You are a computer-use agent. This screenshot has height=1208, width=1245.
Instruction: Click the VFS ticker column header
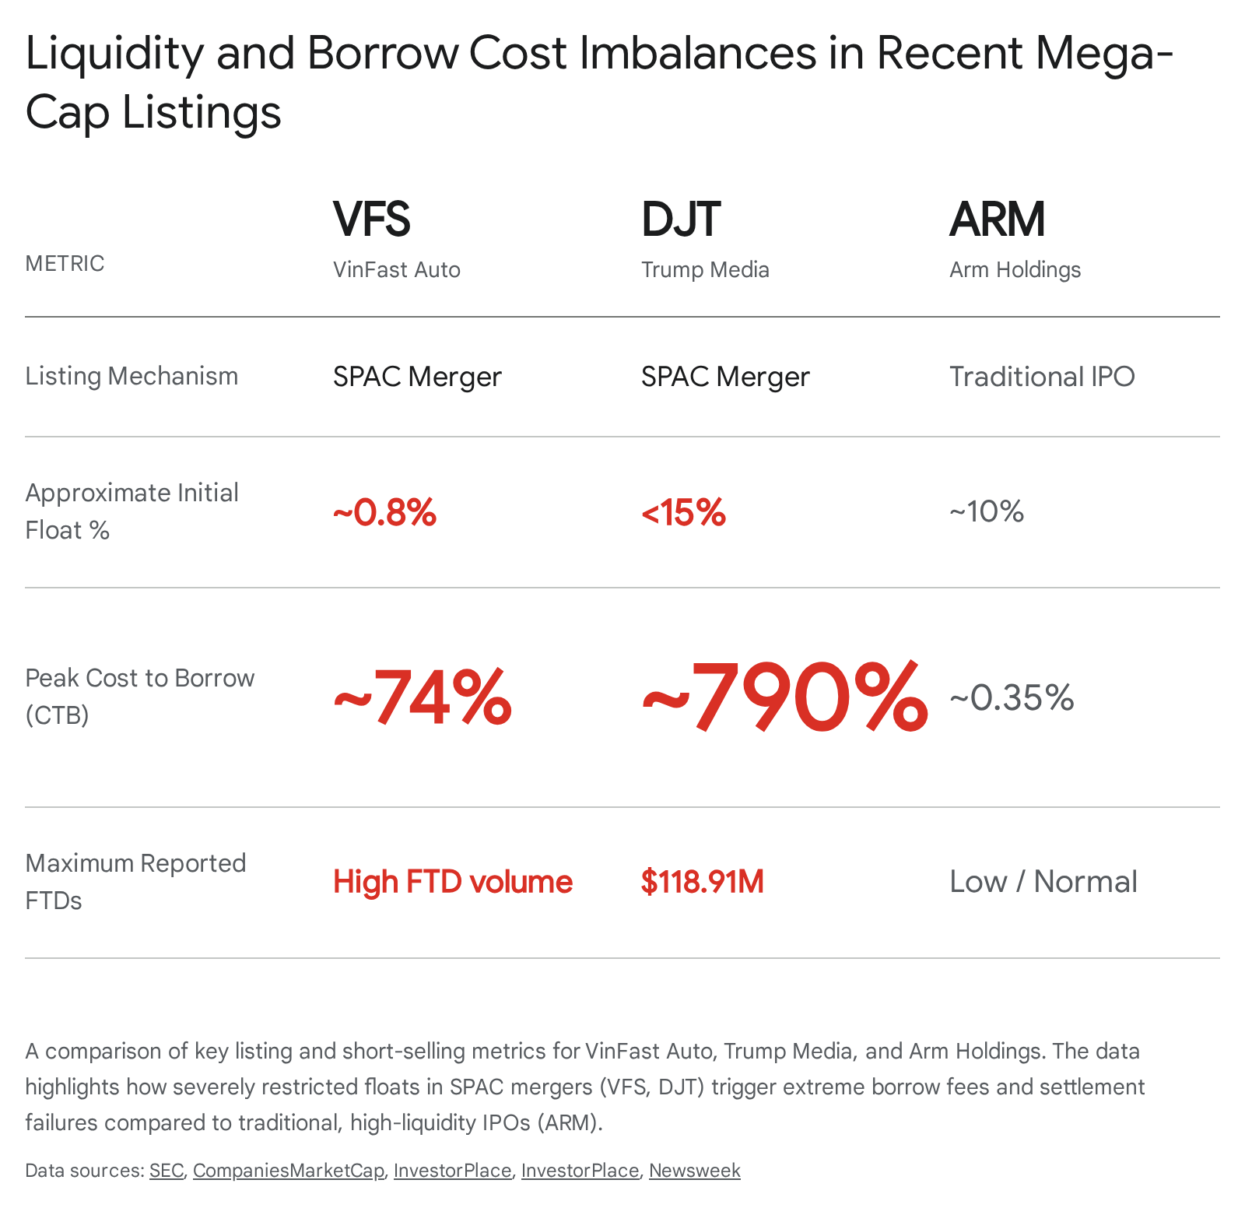pyautogui.click(x=371, y=219)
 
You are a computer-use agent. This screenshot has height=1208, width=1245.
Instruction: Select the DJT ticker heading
pyautogui.click(x=681, y=219)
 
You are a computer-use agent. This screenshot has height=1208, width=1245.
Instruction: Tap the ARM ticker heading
pyautogui.click(x=997, y=219)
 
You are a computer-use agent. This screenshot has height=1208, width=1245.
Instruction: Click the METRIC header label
pyautogui.click(x=65, y=263)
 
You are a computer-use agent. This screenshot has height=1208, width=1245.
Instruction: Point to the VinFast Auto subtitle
pyautogui.click(x=397, y=269)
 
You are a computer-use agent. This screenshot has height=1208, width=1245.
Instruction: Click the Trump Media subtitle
pyautogui.click(x=705, y=269)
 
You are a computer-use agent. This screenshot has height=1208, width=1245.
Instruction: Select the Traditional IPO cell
pyautogui.click(x=1042, y=377)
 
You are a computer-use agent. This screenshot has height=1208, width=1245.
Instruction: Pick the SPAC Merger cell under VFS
pyautogui.click(x=417, y=377)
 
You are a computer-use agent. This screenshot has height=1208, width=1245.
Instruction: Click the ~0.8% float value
pyautogui.click(x=384, y=512)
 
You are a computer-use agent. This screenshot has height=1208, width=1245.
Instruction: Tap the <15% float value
pyautogui.click(x=683, y=512)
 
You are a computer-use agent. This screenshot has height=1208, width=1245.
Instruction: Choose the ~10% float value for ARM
pyautogui.click(x=987, y=511)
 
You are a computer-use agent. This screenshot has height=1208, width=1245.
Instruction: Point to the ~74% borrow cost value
pyautogui.click(x=423, y=697)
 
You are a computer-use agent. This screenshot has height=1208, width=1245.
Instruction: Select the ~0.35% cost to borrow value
pyautogui.click(x=1012, y=697)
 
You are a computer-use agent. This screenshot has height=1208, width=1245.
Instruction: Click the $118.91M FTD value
pyautogui.click(x=703, y=882)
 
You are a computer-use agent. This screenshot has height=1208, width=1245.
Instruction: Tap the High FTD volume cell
pyautogui.click(x=453, y=882)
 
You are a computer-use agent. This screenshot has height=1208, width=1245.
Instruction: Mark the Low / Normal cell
pyautogui.click(x=1043, y=882)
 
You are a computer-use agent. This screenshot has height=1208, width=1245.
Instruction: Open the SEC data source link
pyautogui.click(x=167, y=1171)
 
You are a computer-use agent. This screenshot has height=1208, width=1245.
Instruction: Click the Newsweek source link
pyautogui.click(x=695, y=1171)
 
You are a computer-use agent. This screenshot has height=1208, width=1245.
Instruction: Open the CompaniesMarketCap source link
pyautogui.click(x=289, y=1171)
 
